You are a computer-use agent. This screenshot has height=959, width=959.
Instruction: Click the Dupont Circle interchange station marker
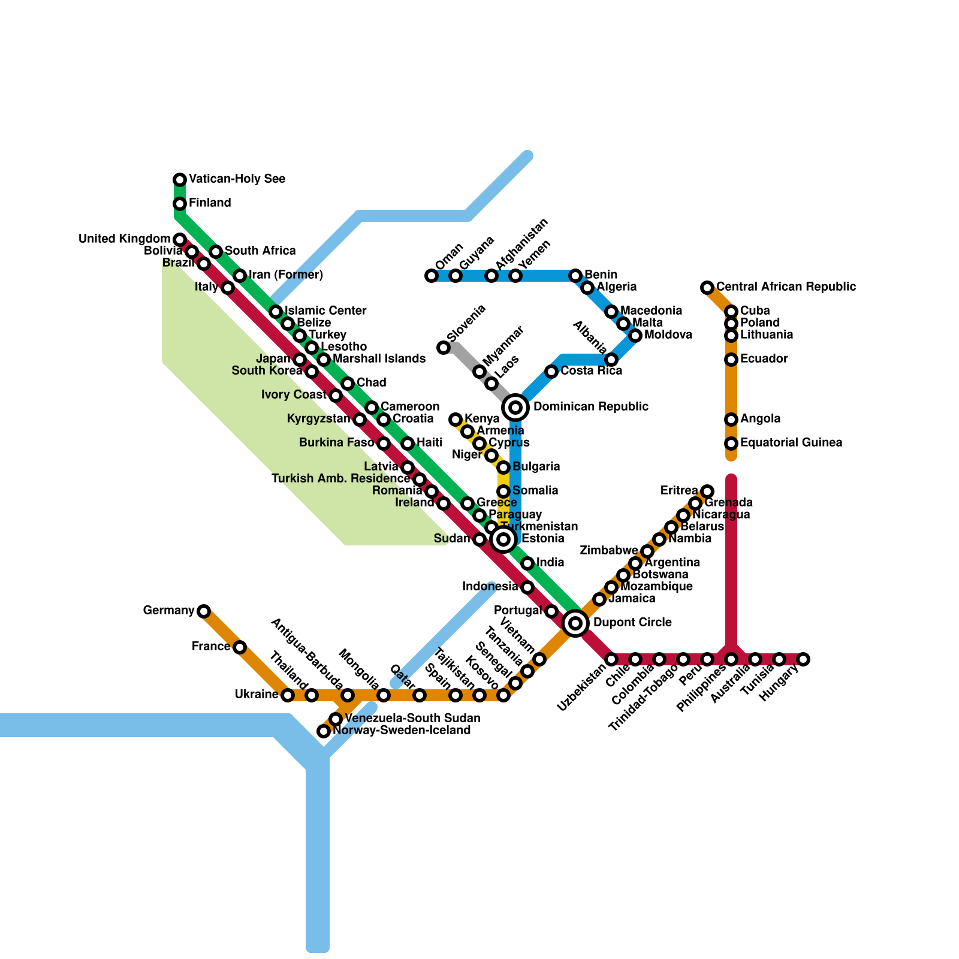point(575,623)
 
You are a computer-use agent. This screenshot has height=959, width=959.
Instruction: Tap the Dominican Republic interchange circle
point(515,408)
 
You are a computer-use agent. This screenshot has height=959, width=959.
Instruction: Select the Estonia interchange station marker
point(503,539)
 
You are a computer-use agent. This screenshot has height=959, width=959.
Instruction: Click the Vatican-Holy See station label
point(237,179)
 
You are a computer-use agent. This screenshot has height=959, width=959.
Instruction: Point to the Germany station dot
point(204,611)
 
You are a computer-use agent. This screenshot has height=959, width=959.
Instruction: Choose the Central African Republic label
point(786,287)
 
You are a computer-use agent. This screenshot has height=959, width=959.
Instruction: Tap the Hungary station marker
point(803,659)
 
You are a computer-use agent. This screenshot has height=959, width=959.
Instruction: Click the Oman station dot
point(432,276)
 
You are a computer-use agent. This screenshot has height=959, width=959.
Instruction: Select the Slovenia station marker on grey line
point(444,348)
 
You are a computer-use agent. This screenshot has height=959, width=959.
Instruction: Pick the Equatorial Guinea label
point(791,443)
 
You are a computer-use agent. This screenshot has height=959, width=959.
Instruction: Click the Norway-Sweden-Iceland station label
point(402,731)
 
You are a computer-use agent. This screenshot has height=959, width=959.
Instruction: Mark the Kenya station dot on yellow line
point(456,420)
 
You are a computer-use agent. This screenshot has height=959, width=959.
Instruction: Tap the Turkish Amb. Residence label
point(340,479)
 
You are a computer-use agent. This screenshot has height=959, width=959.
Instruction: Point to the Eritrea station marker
point(707,491)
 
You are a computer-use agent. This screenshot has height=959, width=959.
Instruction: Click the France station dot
point(240,647)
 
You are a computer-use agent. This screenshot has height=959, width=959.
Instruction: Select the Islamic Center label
point(325,311)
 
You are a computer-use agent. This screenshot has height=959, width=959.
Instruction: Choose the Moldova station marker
point(635,336)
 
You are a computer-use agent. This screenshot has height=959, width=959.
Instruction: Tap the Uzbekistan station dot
point(611,659)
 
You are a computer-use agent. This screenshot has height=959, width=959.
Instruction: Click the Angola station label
point(760,419)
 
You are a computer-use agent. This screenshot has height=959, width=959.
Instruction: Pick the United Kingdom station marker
point(180,240)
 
